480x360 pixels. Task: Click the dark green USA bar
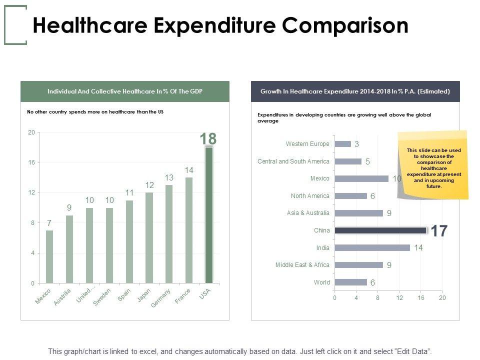[x=209, y=215]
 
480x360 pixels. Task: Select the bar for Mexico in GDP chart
[x=49, y=256]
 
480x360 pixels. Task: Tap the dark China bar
[x=380, y=230]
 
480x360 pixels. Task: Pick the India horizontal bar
[x=372, y=247]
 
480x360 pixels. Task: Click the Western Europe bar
[x=342, y=144]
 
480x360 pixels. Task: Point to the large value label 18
[x=208, y=138]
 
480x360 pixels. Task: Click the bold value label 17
[x=439, y=231]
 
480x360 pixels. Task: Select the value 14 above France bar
[x=188, y=170]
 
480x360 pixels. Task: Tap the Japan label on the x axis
[x=144, y=295]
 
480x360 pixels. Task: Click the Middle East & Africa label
[x=302, y=265]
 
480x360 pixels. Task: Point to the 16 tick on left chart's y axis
[x=31, y=162]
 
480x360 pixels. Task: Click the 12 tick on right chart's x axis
[x=399, y=298]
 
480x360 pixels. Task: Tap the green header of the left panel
[x=125, y=91]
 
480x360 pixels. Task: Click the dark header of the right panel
[x=355, y=91]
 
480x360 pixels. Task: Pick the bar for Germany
[x=169, y=234]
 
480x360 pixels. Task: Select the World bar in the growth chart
[x=350, y=282]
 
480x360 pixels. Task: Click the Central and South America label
[x=293, y=161]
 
